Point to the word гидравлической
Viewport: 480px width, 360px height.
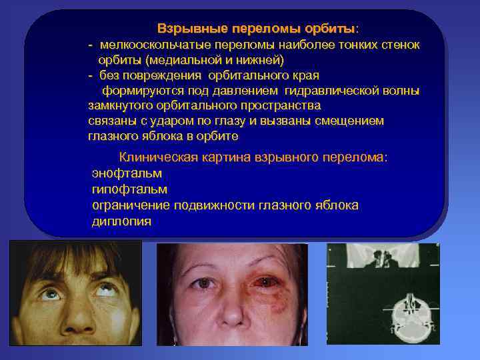[x=329, y=91]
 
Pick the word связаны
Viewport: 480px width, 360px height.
[x=110, y=121]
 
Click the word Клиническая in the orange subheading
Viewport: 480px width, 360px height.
[x=159, y=157]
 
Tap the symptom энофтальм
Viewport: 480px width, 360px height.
[x=127, y=173]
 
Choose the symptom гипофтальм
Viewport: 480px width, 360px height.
[x=125, y=189]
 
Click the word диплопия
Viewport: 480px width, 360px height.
[x=121, y=221]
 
